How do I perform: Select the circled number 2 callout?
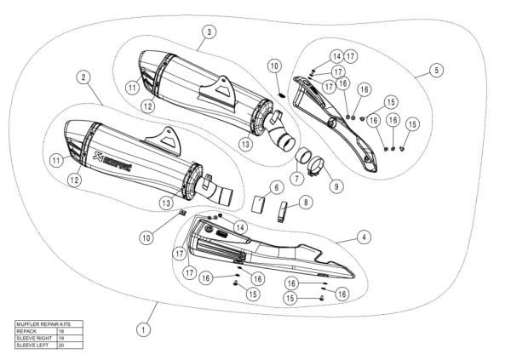[x=83, y=77]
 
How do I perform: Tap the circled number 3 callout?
[x=208, y=31]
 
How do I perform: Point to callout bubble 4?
[x=363, y=236]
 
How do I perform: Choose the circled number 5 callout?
[x=436, y=71]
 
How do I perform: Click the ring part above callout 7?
[x=302, y=157]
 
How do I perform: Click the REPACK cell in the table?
[x=29, y=331]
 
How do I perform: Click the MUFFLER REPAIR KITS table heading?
[x=40, y=324]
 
